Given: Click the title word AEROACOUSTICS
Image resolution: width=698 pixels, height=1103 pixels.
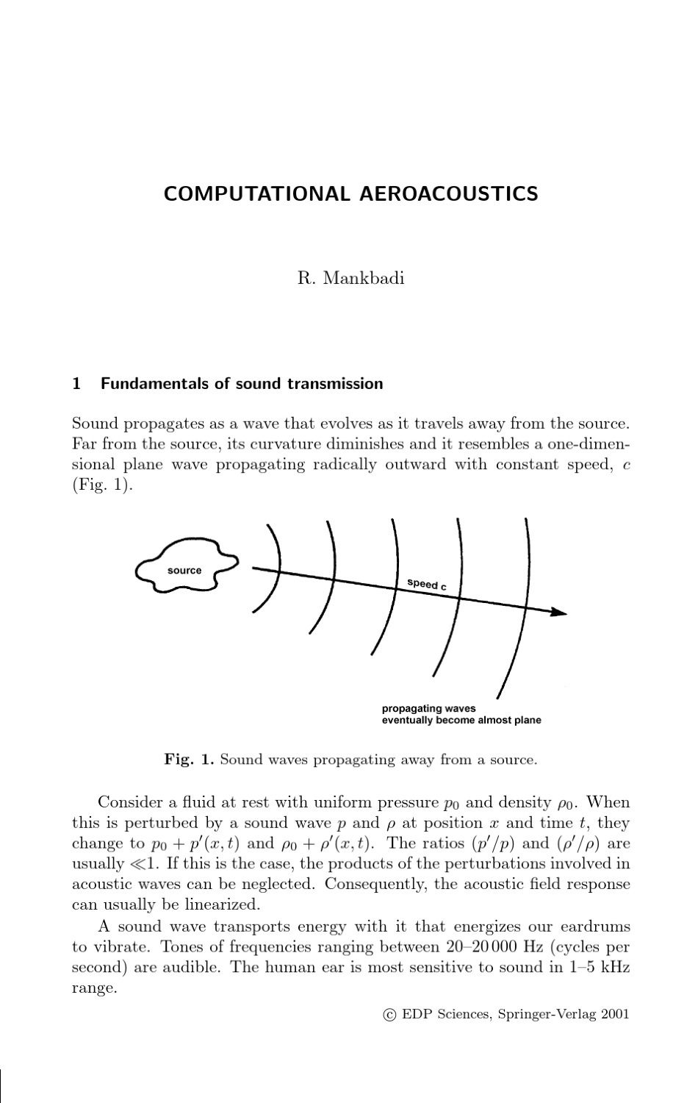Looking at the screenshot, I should coord(449,194).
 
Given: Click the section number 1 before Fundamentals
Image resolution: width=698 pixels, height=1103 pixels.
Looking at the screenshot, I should coord(76,384).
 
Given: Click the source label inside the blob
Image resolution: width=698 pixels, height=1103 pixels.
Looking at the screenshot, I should coord(184,571).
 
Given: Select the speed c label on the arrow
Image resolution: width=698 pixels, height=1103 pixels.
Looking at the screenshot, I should coord(427,585).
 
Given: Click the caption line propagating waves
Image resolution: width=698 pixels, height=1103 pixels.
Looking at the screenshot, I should coord(428,708).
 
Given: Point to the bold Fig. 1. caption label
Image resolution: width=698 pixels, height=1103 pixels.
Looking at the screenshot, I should coord(189,760).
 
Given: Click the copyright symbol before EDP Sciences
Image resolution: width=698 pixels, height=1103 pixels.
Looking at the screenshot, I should coord(390,1015).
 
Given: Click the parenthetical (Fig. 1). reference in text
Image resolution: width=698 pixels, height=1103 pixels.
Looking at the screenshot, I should coord(103,486).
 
